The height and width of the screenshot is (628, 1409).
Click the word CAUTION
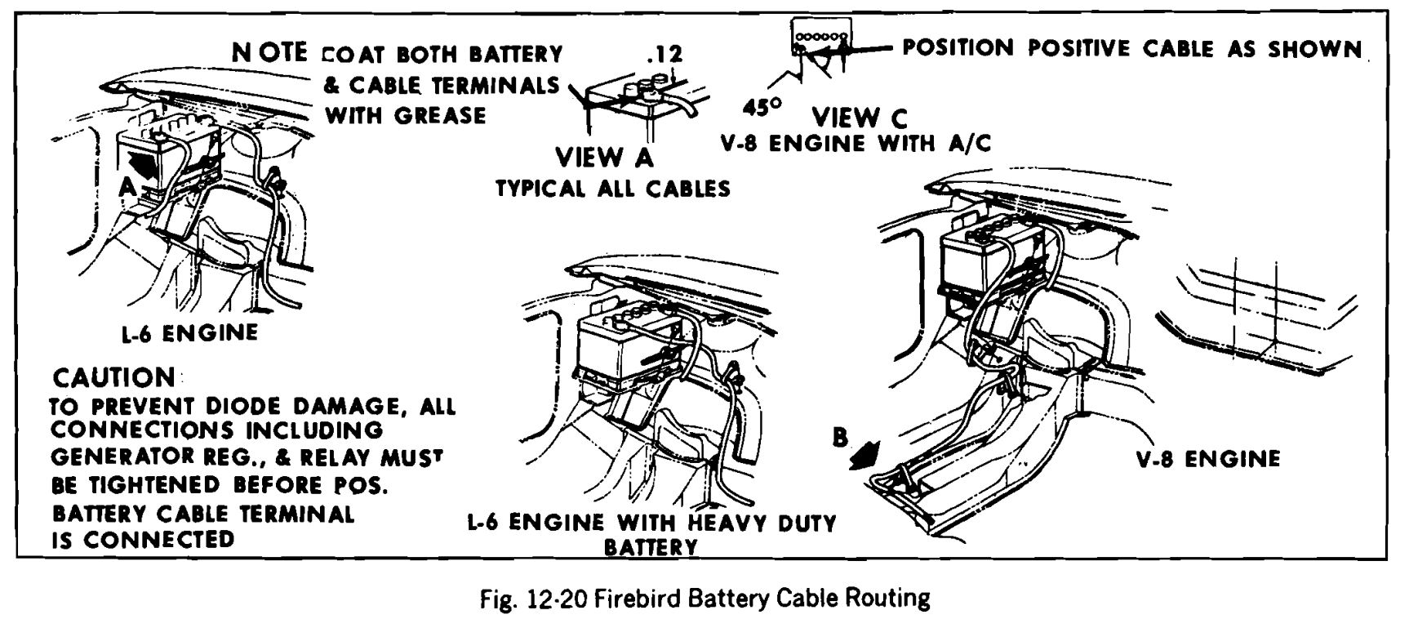(x=113, y=377)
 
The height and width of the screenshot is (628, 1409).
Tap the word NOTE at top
(x=269, y=53)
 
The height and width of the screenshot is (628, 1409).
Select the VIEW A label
(x=604, y=157)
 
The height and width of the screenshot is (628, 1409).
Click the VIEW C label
(x=860, y=118)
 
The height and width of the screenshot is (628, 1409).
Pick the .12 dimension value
(x=664, y=55)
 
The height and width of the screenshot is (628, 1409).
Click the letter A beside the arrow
(x=127, y=187)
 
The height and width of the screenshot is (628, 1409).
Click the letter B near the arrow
(x=840, y=438)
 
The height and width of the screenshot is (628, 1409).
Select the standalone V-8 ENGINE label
(x=1208, y=459)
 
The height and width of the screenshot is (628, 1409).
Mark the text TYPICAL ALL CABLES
(x=613, y=189)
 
